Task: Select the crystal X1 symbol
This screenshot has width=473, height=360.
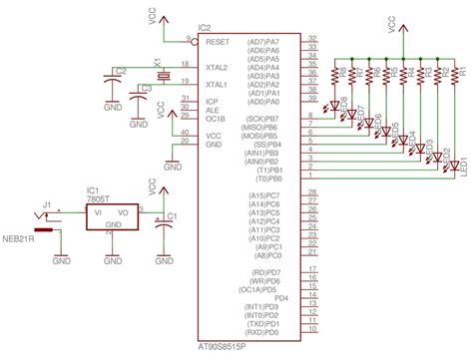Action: pyautogui.click(x=158, y=76)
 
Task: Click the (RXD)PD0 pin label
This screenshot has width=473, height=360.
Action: pyautogui.click(x=274, y=332)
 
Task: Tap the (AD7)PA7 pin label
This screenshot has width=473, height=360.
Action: pyautogui.click(x=275, y=42)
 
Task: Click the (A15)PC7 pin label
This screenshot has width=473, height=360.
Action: pyautogui.click(x=274, y=195)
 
